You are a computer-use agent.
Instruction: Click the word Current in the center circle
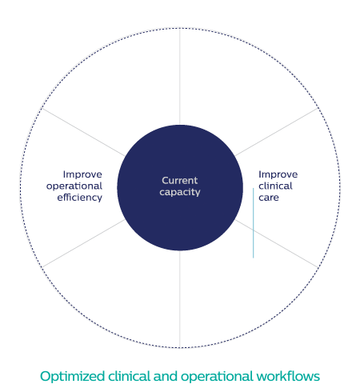(x=180, y=181)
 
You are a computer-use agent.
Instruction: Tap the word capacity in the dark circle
(x=180, y=192)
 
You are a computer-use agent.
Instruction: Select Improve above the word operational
(x=82, y=174)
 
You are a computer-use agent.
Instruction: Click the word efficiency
(x=80, y=198)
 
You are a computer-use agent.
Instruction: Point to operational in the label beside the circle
(x=74, y=186)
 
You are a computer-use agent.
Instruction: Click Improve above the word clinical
(x=278, y=174)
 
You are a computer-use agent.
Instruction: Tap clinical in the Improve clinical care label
(x=275, y=186)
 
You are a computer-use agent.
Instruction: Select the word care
(x=269, y=198)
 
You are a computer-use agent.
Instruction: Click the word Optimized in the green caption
(x=72, y=377)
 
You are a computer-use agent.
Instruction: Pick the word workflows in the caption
(x=288, y=376)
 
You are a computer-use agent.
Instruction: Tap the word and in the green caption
(x=166, y=376)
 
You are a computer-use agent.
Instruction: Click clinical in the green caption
(x=129, y=376)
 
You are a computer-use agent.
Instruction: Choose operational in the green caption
(x=217, y=377)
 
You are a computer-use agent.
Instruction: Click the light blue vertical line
(x=254, y=223)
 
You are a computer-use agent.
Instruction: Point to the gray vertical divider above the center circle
(x=180, y=77)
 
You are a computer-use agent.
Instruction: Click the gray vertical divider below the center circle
(x=180, y=299)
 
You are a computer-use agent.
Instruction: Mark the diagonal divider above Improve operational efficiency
(x=83, y=132)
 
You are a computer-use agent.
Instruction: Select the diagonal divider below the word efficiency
(x=83, y=243)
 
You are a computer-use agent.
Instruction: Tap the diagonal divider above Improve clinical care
(x=277, y=132)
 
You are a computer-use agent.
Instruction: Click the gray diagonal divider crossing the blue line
(x=277, y=243)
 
